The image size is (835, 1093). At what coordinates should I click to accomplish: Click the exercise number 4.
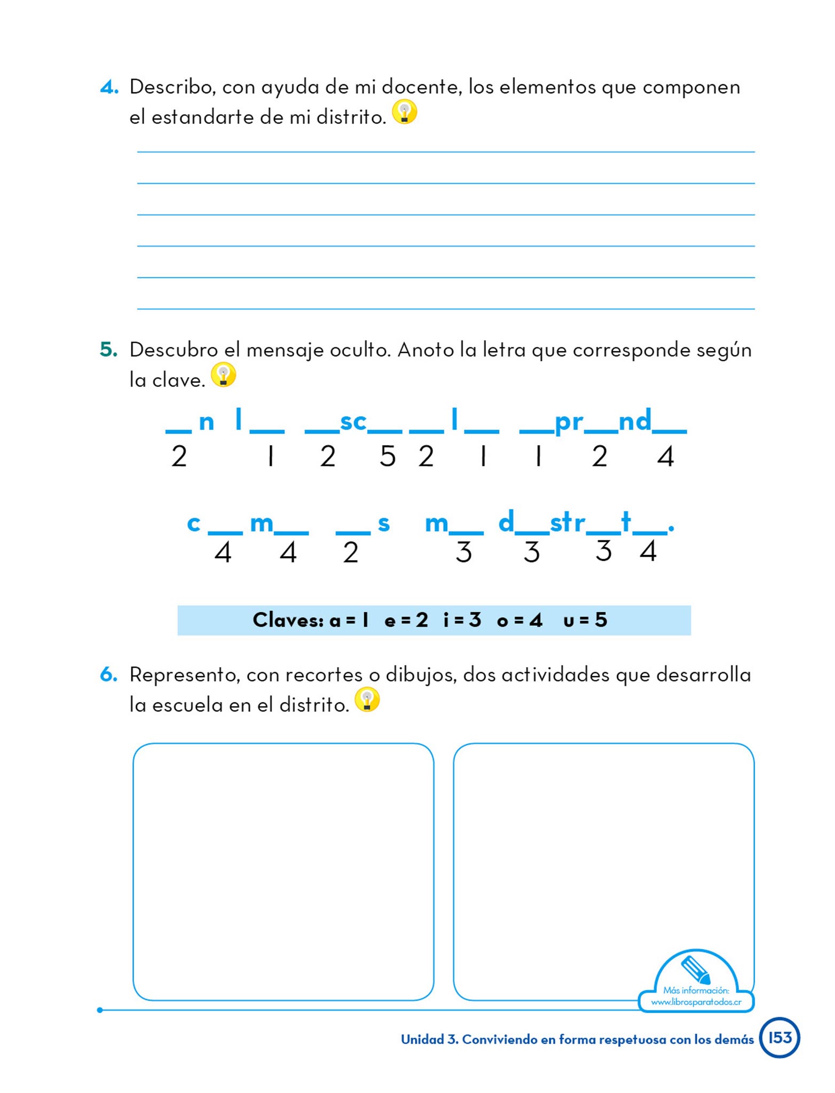point(108,87)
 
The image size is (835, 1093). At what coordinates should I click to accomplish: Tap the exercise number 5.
point(108,350)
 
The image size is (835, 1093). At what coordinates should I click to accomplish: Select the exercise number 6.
point(108,675)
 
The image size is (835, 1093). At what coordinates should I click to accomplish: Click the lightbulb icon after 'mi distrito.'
point(404,112)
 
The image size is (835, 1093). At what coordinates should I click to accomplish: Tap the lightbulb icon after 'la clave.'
point(223,375)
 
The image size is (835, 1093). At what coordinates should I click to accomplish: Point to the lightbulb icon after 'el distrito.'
point(367,700)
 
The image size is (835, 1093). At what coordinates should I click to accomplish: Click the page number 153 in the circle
point(779,1037)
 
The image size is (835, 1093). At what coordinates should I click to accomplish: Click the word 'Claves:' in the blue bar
point(288,620)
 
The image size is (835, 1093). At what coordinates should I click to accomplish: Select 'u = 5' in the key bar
point(585,620)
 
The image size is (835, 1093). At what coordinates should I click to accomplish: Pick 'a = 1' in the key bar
point(349,620)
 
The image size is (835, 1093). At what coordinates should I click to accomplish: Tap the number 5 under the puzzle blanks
point(388,456)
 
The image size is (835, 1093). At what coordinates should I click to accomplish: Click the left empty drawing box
point(283,871)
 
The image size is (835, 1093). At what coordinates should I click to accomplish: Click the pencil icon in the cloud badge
point(696,969)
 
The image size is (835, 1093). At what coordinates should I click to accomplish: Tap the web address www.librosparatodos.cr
point(696,1002)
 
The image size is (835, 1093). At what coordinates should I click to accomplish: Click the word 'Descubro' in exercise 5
point(174,350)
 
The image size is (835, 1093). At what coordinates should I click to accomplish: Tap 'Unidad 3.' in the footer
point(429,1039)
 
